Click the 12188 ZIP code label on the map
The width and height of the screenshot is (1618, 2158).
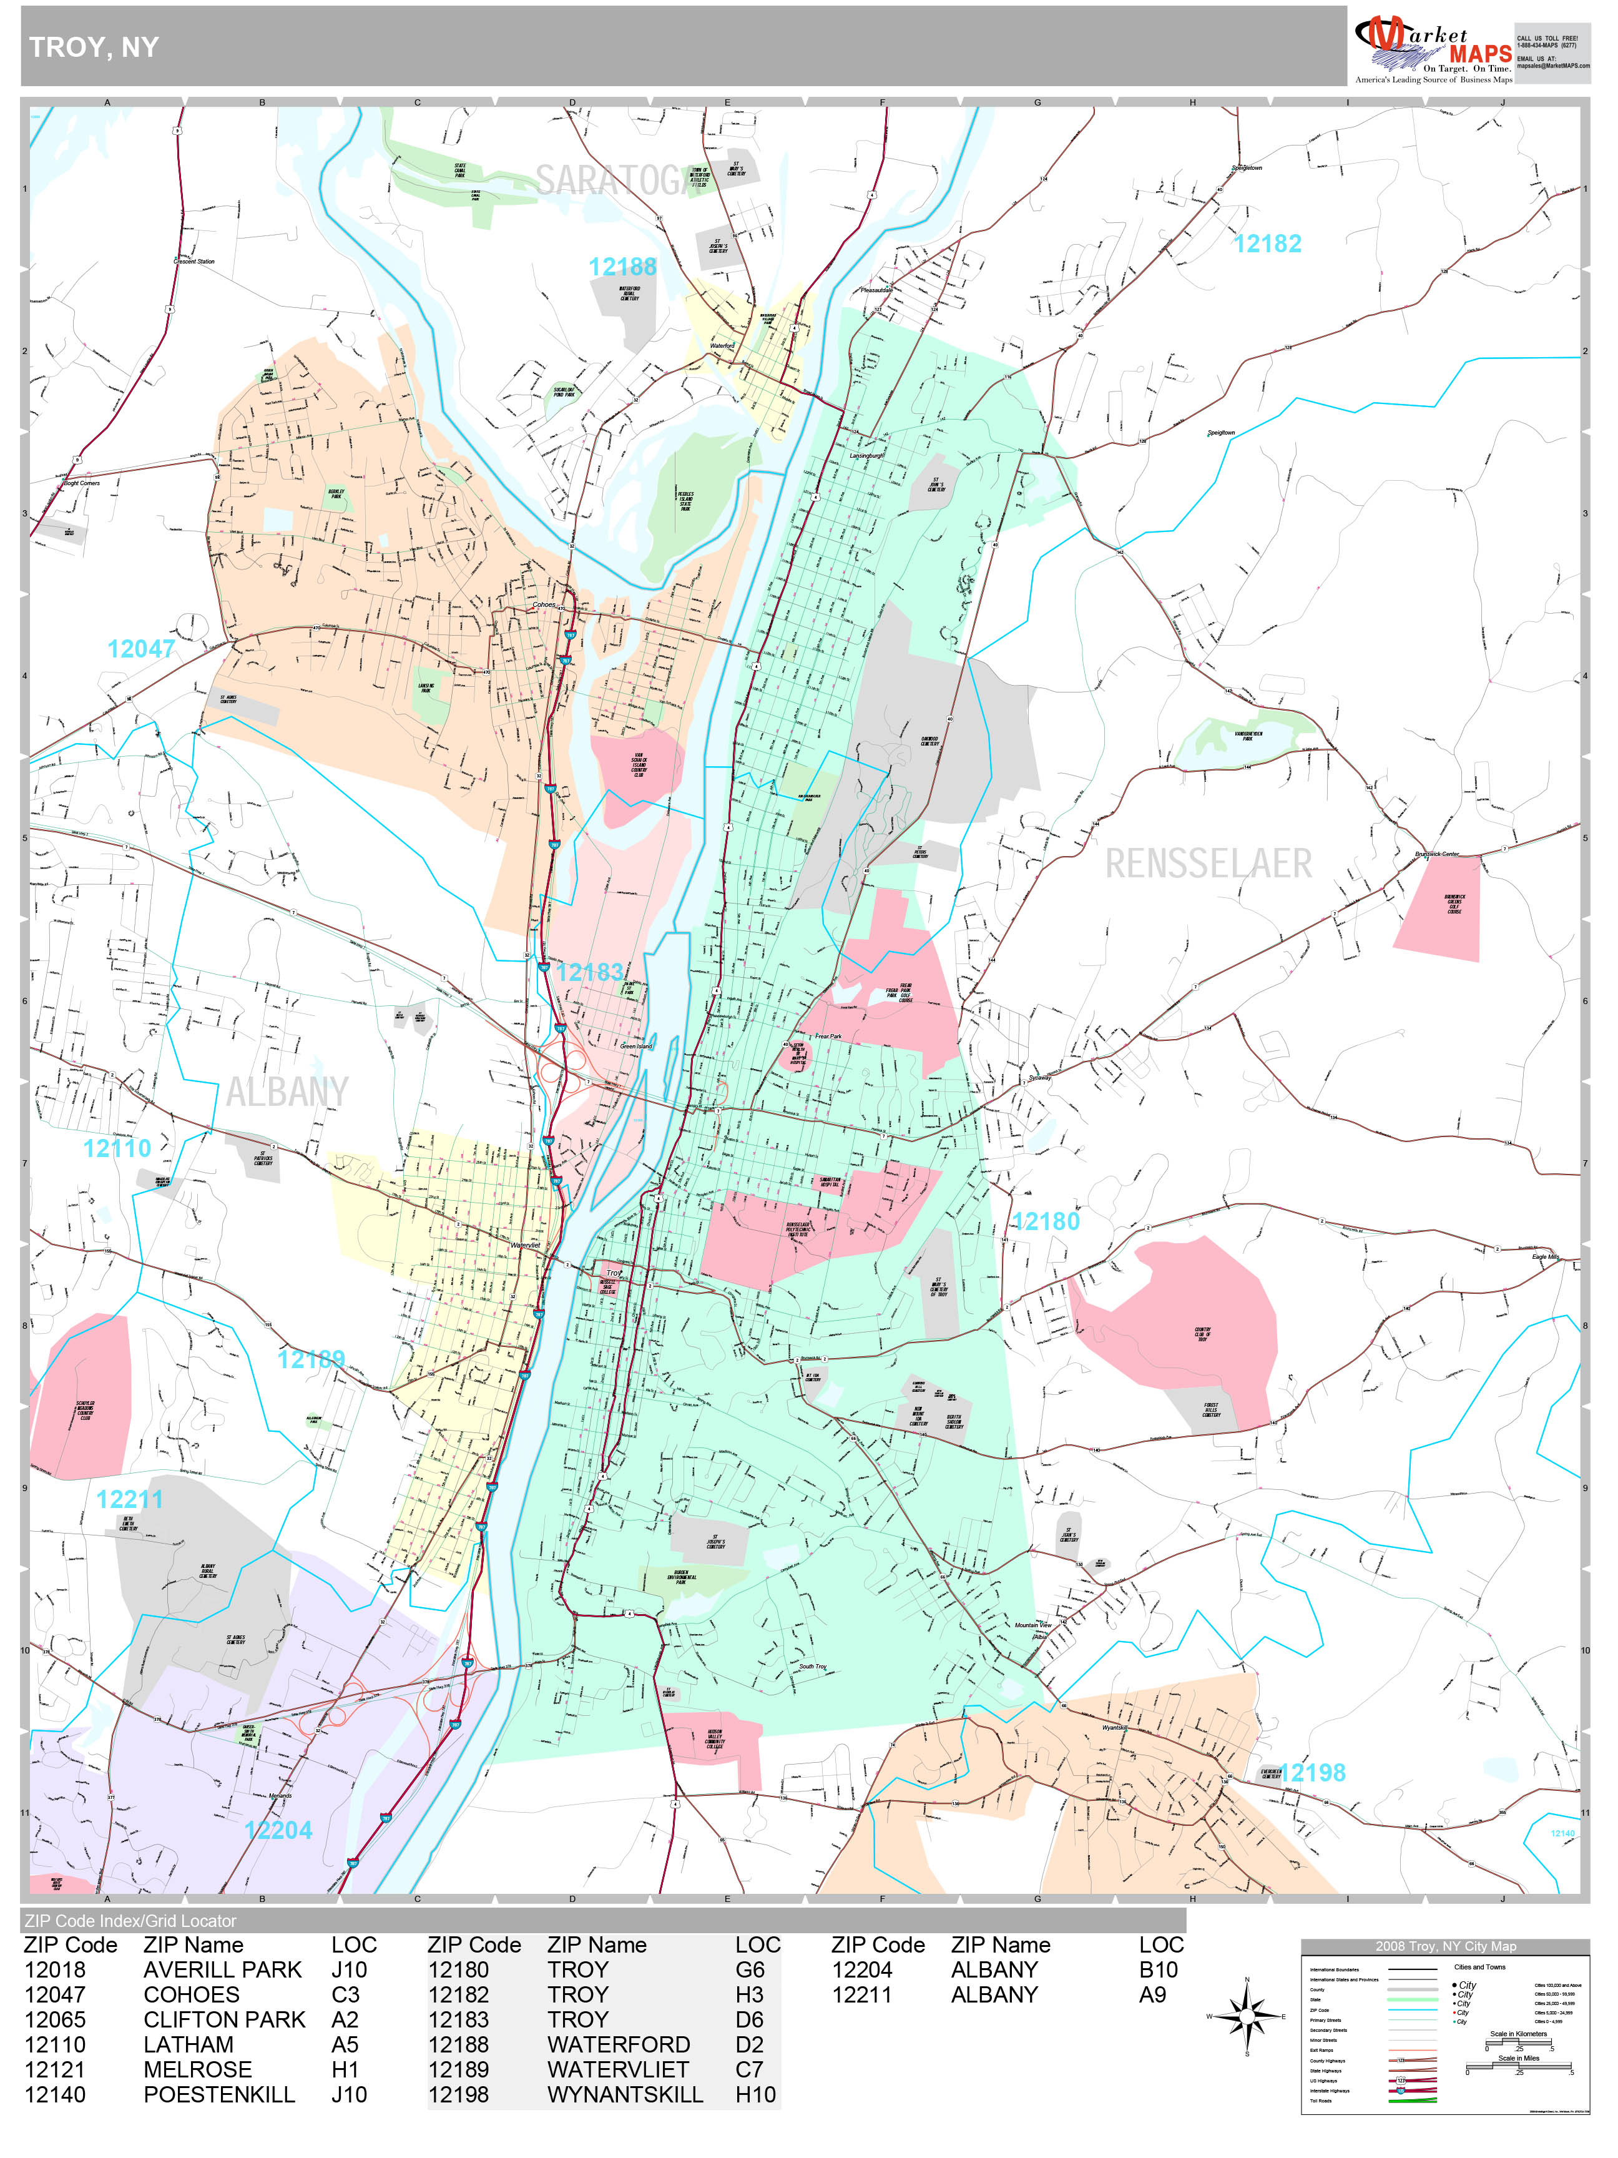622,267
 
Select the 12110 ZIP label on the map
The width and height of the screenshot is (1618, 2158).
117,1148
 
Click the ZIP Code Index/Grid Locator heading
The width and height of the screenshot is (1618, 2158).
130,1921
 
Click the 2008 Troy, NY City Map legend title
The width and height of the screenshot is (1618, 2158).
1444,1946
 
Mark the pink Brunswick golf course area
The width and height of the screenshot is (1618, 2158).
1438,907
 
